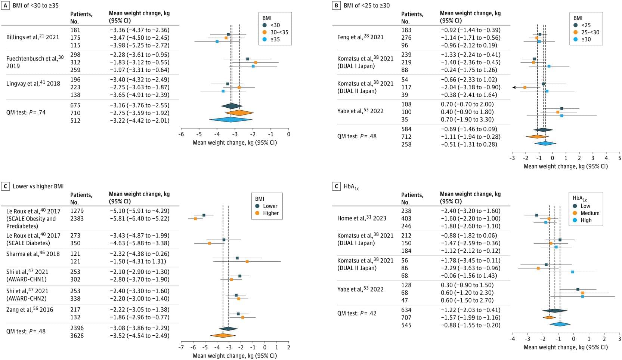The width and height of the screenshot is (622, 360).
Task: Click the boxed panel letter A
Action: coord(6,6)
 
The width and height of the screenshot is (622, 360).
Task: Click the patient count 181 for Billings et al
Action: coord(75,30)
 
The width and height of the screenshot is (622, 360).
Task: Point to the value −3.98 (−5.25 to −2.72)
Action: coord(139,45)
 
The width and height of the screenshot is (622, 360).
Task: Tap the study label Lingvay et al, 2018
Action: coord(33,83)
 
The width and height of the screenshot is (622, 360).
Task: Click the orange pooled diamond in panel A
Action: coord(239,113)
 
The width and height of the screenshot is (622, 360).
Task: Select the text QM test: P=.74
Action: coord(26,113)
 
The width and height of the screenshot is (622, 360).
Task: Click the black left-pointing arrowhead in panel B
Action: coord(514,87)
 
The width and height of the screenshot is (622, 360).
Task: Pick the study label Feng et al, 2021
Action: coord(360,37)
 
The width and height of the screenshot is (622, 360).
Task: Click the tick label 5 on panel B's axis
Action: coord(619,158)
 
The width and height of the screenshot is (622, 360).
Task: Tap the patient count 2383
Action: coord(77,218)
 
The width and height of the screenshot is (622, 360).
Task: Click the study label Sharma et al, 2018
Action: coord(33,254)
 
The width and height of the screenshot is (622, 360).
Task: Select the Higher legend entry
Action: coord(267,213)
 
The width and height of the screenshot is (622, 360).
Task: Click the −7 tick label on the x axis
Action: coord(181,347)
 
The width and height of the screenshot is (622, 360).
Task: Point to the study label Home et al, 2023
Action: coord(362,218)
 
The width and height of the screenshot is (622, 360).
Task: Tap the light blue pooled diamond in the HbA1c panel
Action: coord(560,324)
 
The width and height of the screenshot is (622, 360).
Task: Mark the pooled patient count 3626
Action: coord(77,336)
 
